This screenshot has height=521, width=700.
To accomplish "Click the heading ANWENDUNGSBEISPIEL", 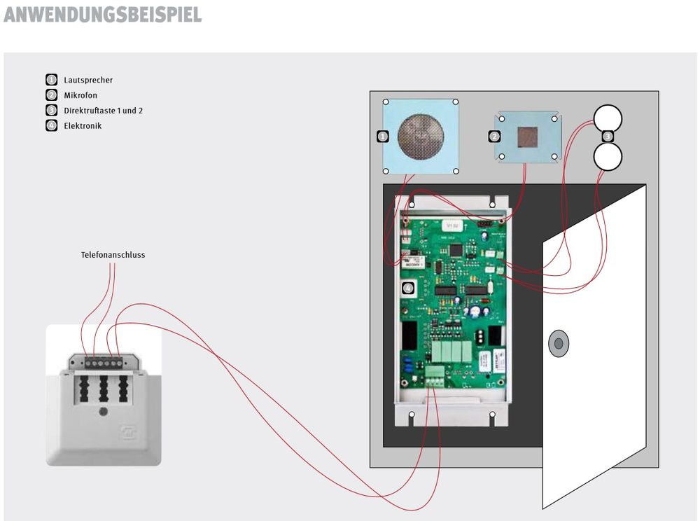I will click(x=102, y=15).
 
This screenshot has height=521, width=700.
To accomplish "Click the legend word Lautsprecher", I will click(x=87, y=80).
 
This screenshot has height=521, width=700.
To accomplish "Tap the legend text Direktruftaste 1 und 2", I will click(x=103, y=111).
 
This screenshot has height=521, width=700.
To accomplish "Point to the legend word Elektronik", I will click(x=82, y=126).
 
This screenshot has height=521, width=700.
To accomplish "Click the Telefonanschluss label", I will click(x=113, y=255).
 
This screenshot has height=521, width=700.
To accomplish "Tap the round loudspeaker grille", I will click(x=420, y=136).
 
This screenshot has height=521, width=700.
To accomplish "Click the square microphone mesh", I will click(x=527, y=136).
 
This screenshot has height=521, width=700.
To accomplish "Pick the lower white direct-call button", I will click(x=608, y=155).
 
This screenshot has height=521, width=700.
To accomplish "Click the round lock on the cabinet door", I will click(x=558, y=342).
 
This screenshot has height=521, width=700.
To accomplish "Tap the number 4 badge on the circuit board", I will click(x=409, y=288).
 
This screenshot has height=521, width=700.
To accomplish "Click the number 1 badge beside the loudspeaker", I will click(x=382, y=136).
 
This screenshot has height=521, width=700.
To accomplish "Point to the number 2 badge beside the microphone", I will click(x=494, y=136).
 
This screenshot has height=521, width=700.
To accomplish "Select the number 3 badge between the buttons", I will click(x=608, y=136).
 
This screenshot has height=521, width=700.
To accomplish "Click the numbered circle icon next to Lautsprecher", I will click(x=51, y=80).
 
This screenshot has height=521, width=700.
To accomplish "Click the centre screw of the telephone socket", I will click(x=104, y=412).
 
